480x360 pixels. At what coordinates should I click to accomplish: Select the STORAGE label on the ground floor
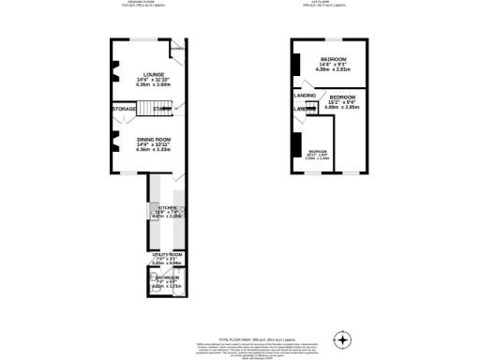[125, 110]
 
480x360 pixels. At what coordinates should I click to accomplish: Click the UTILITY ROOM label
[166, 254]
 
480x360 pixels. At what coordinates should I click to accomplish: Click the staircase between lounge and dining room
[162, 109]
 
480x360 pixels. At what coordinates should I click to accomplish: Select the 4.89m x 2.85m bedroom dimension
[342, 107]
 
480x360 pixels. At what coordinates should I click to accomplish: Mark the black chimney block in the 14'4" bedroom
[295, 65]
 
